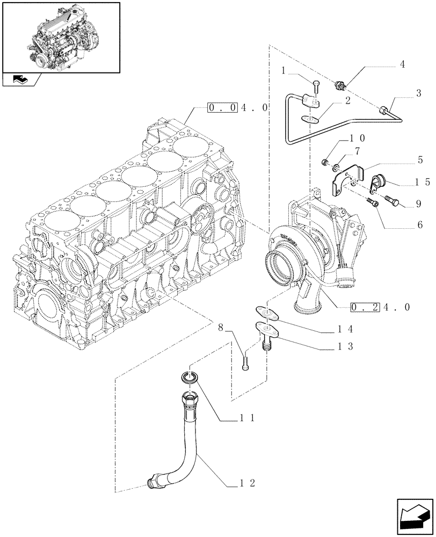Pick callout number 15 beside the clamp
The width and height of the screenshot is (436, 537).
point(423,182)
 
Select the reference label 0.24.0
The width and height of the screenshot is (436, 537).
point(380,308)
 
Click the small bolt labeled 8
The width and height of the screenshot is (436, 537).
point(246,361)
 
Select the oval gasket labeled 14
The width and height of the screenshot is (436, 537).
point(264,311)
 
